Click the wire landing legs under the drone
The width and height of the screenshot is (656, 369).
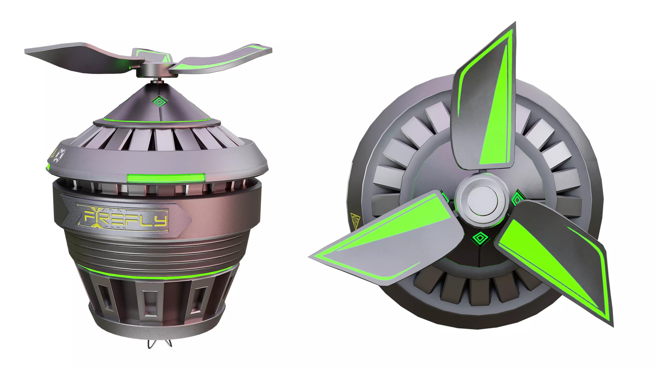[x=159, y=344]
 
